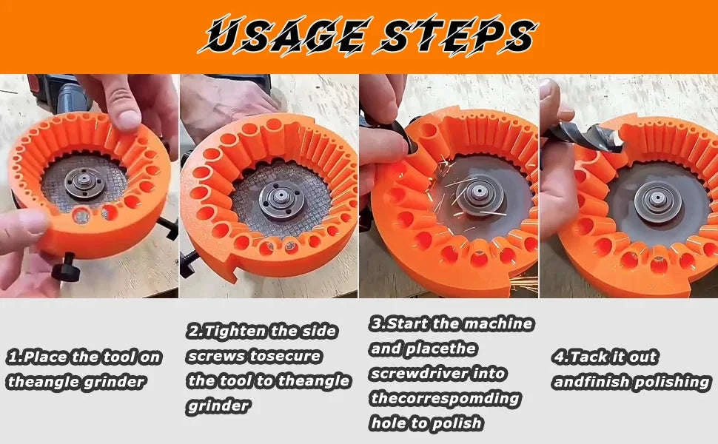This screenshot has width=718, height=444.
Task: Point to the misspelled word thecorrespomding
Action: tap(444, 398)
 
